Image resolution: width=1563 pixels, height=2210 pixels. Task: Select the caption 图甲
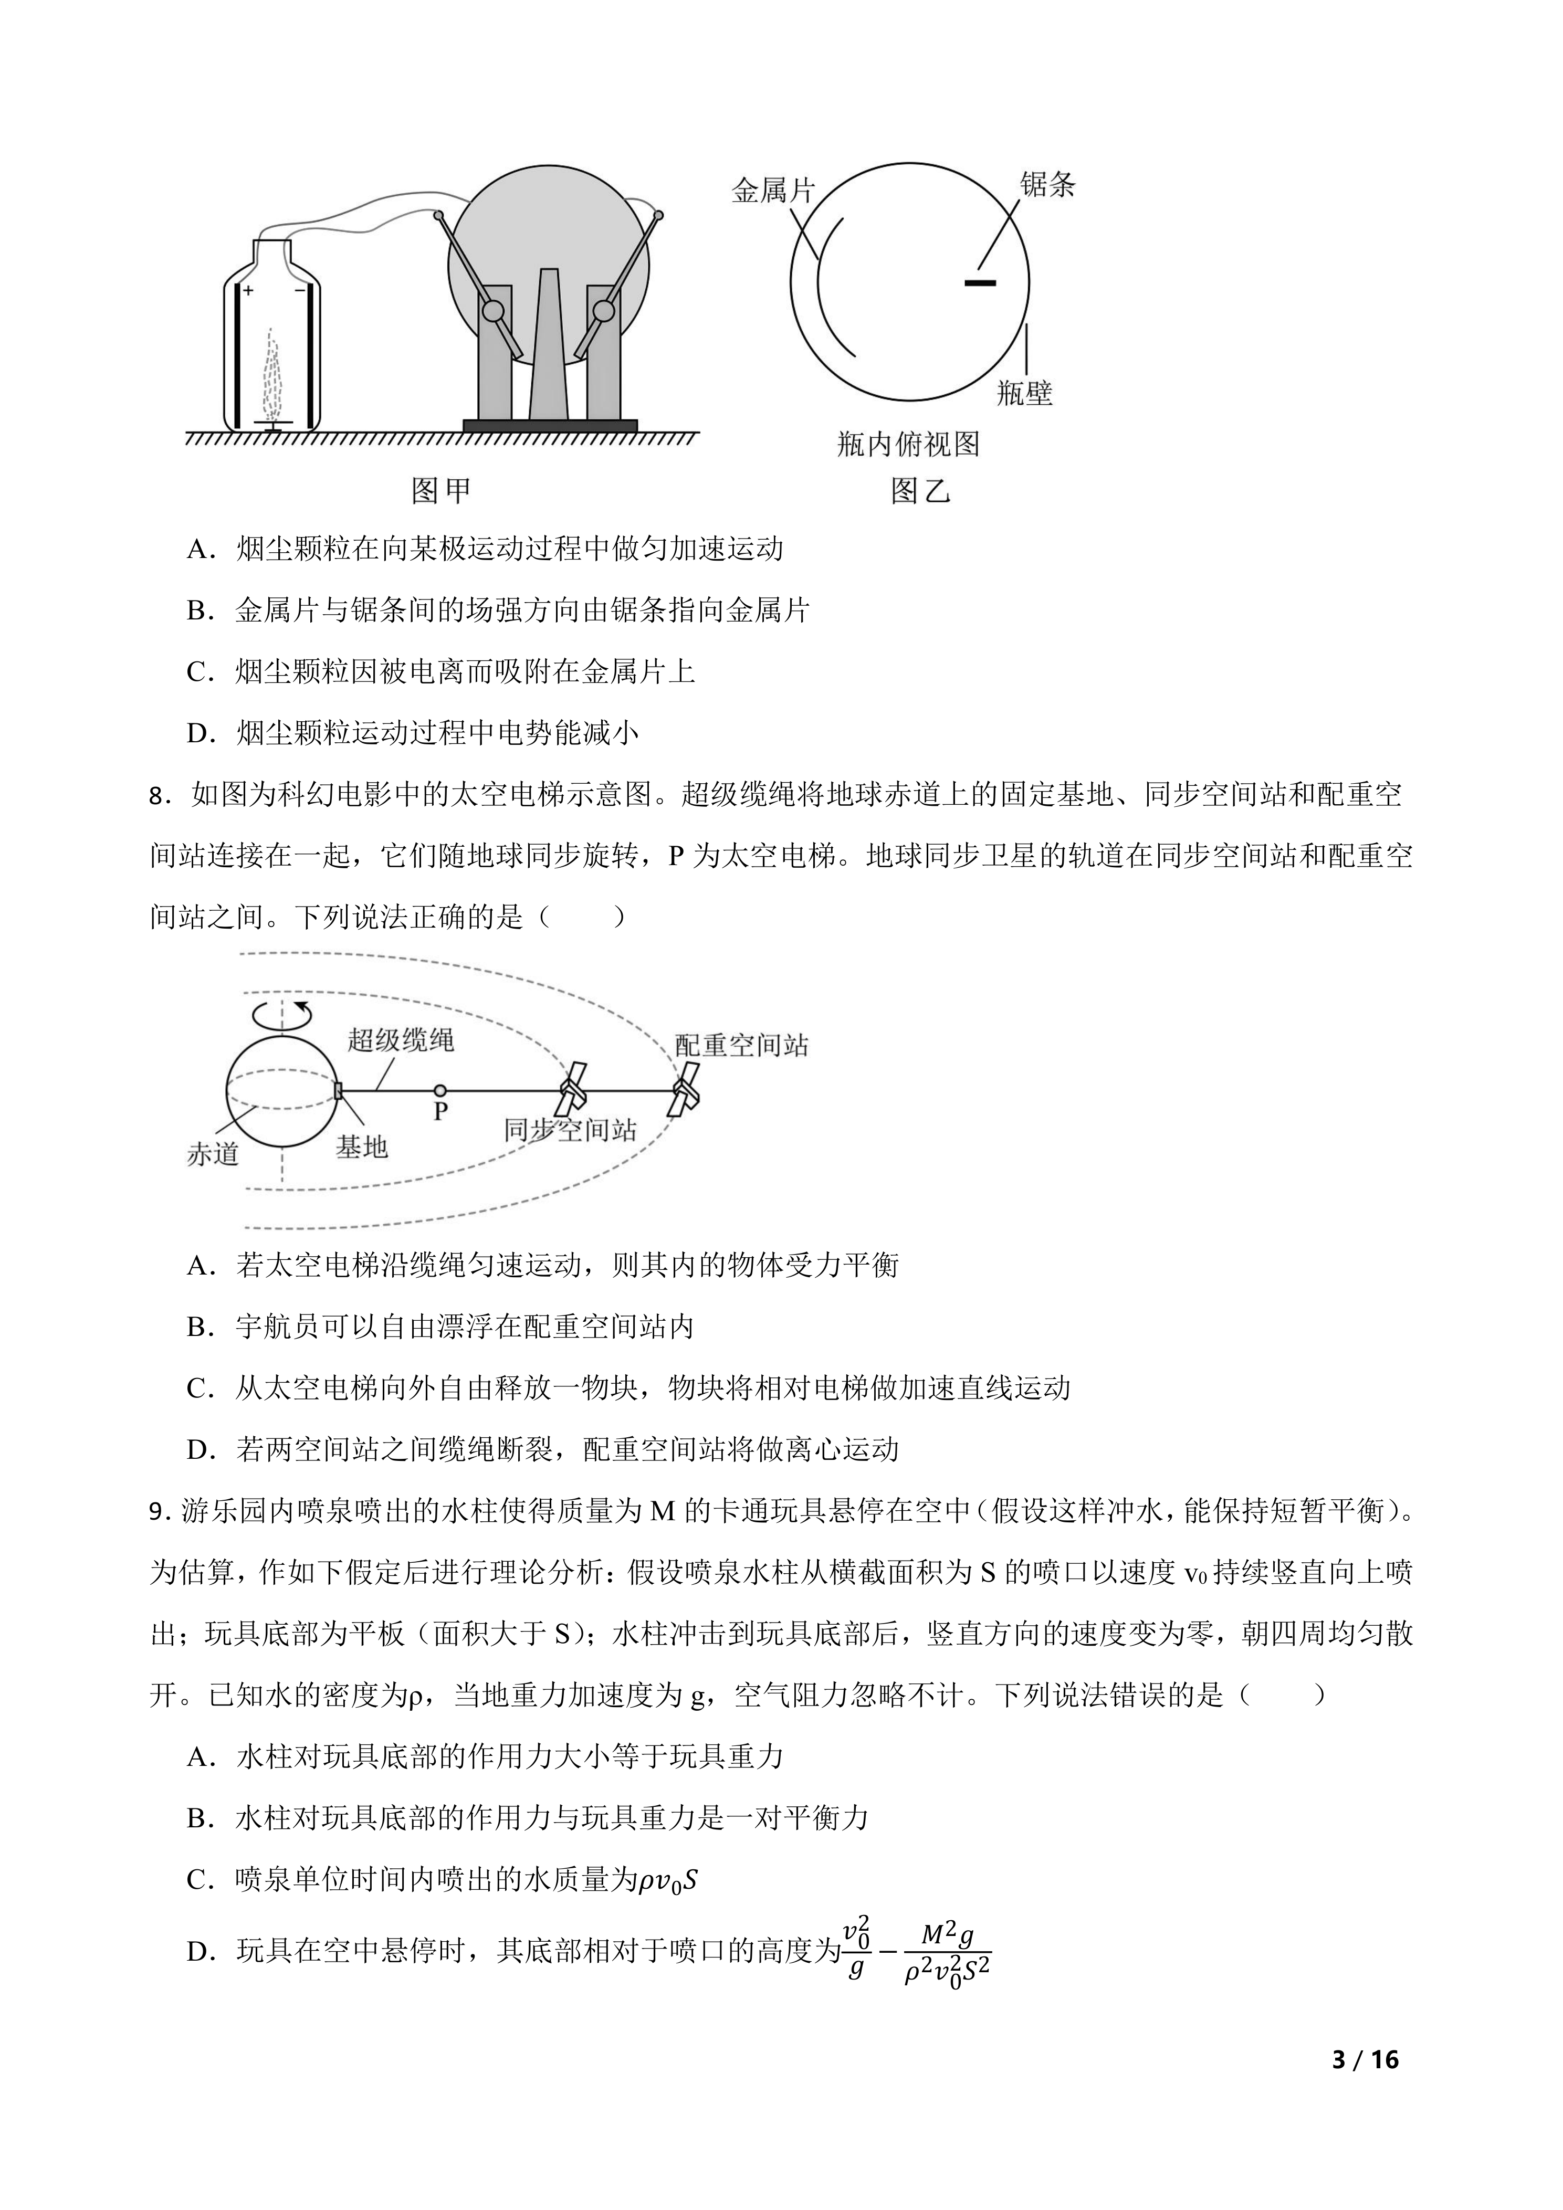pos(441,491)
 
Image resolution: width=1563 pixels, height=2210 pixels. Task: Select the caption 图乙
pos(920,491)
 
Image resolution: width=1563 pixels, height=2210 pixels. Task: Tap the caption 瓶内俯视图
pos(908,444)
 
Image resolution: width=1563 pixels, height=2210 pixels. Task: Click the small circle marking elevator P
pos(440,1090)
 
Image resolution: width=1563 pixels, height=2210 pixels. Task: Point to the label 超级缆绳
pos(401,1039)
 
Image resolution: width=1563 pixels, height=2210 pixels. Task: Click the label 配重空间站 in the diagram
pos(741,1045)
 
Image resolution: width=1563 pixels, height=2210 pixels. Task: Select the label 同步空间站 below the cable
pos(570,1130)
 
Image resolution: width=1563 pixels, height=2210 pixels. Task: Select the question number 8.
pos(160,796)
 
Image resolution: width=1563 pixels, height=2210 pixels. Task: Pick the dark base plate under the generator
pos(550,425)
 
